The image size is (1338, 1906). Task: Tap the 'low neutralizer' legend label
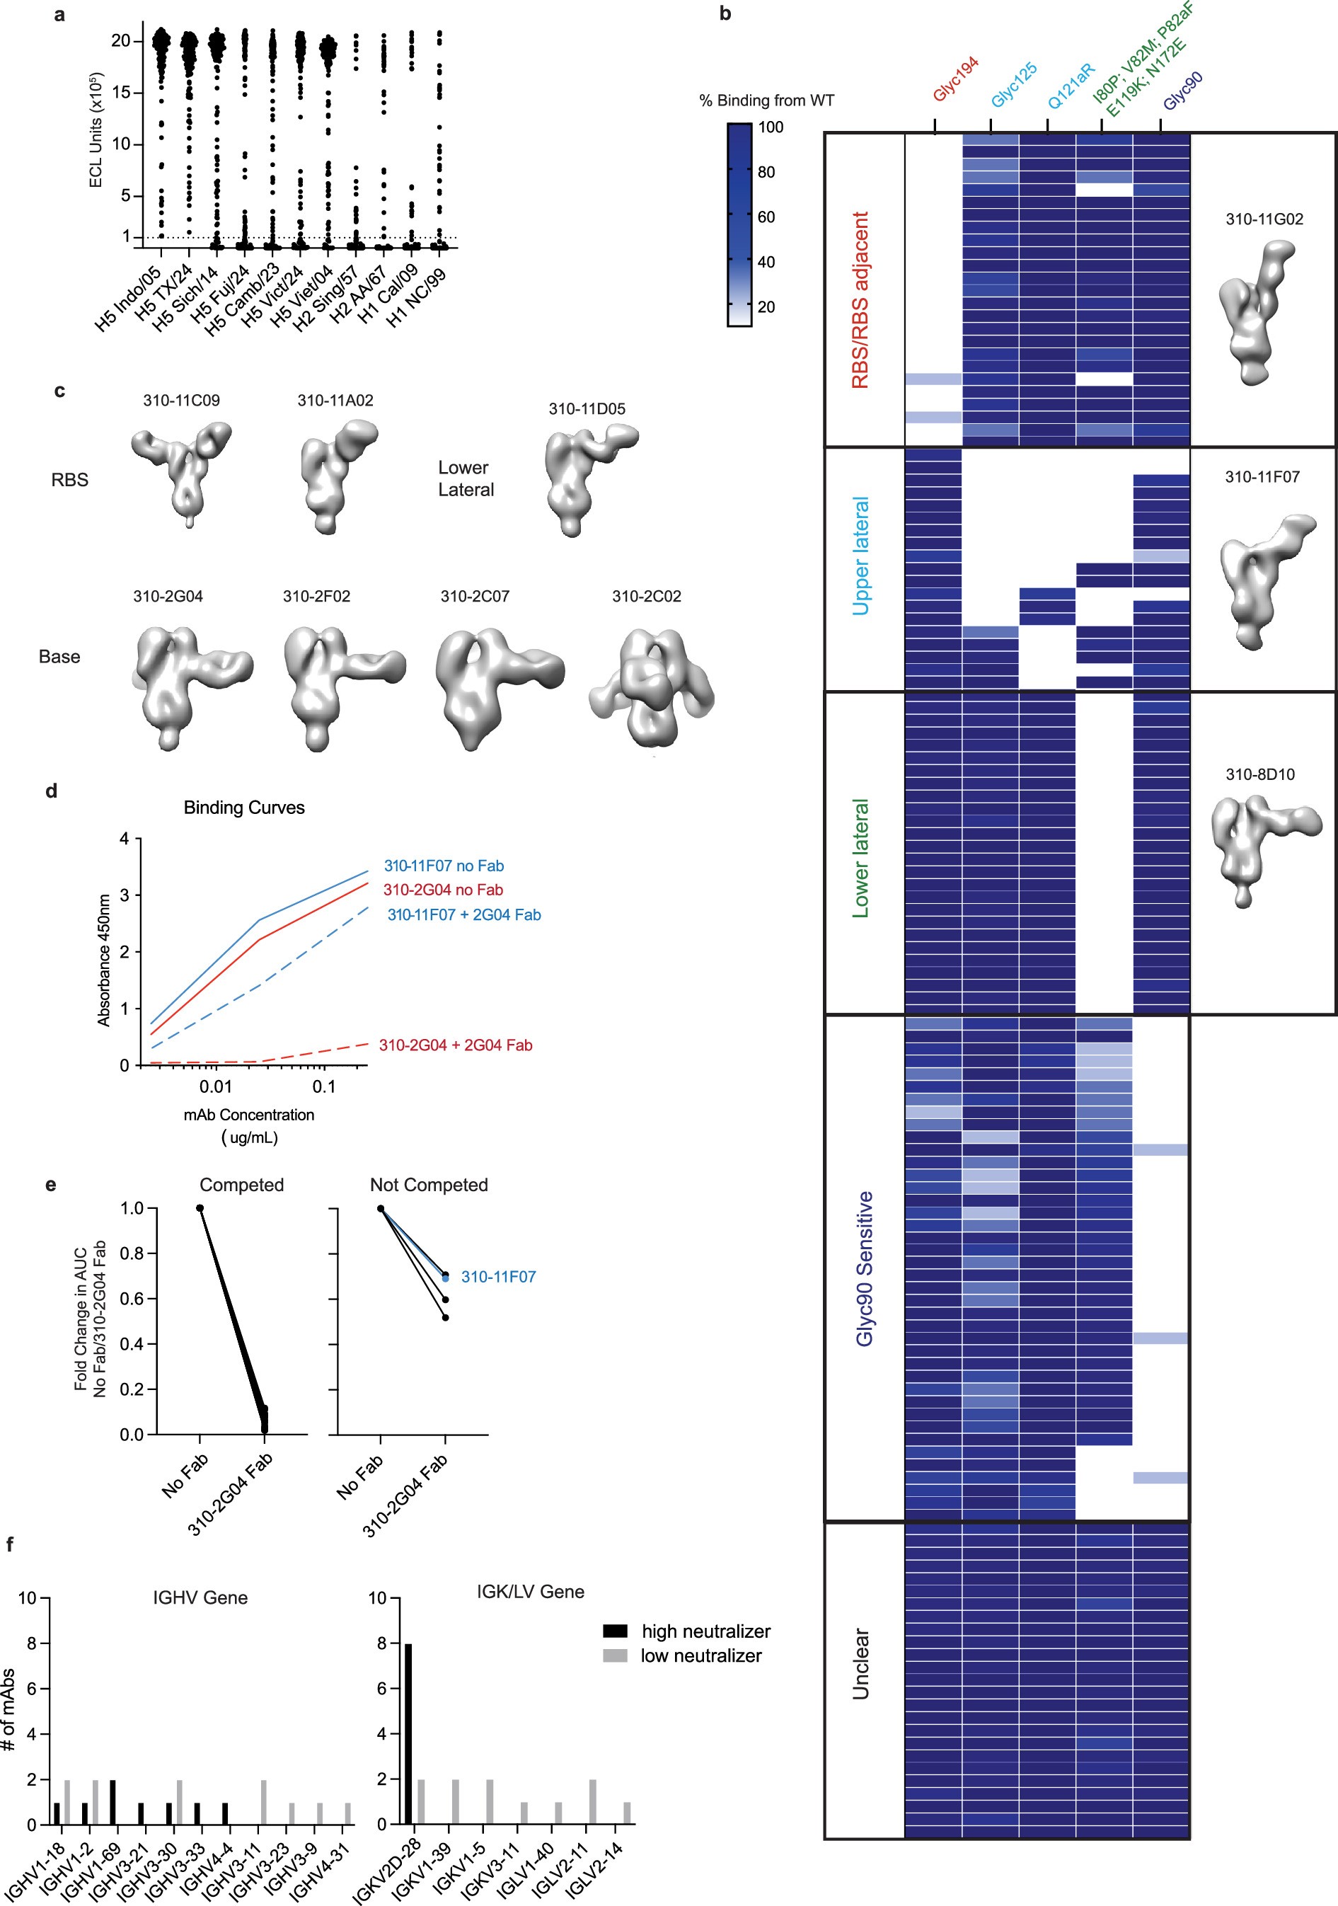[x=700, y=1655]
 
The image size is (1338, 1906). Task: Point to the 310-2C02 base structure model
[x=652, y=685]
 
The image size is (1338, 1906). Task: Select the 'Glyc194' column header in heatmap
[x=955, y=79]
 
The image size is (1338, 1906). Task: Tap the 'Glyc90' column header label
[x=1183, y=91]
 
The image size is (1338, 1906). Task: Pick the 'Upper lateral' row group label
[x=860, y=556]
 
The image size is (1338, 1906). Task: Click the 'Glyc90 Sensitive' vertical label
[x=864, y=1268]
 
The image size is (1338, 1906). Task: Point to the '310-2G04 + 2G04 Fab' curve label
[x=456, y=1045]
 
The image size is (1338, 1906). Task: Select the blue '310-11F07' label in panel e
[x=498, y=1277]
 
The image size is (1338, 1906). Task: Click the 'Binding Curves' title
[x=244, y=808]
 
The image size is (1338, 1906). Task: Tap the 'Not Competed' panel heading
[x=428, y=1185]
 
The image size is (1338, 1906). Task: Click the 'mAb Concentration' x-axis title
[x=249, y=1115]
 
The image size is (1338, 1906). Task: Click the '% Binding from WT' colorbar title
[x=766, y=101]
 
